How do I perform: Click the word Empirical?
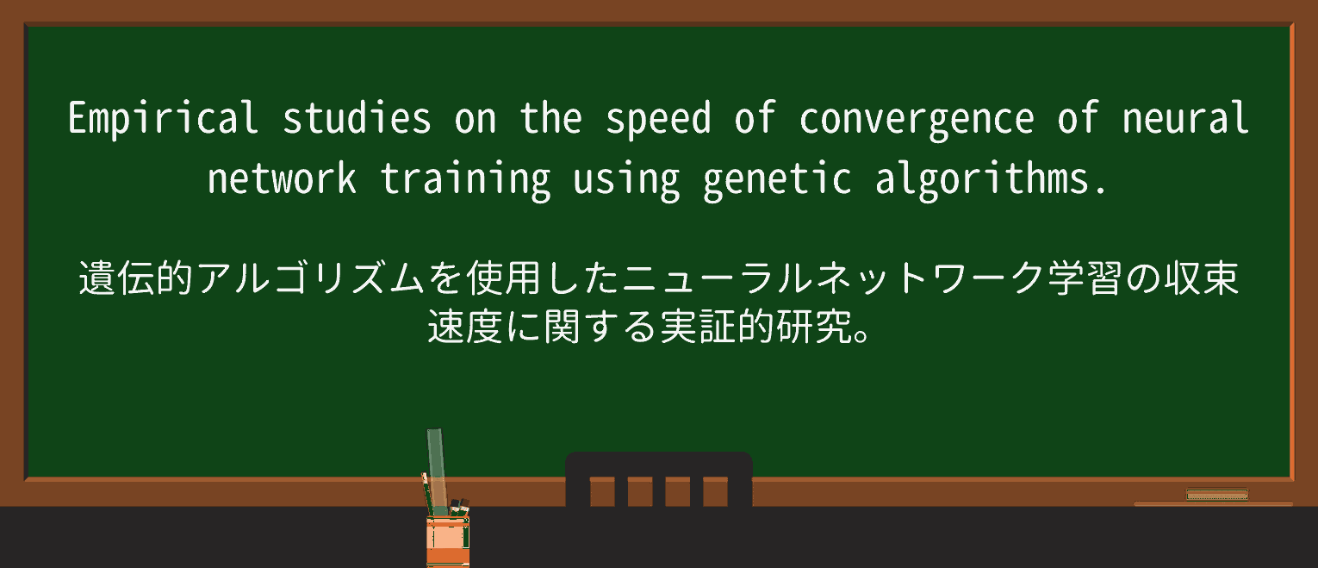[x=163, y=118]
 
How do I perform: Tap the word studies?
[x=356, y=118]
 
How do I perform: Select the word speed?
[x=658, y=120]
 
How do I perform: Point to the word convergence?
[x=916, y=121]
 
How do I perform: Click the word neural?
[x=1184, y=118]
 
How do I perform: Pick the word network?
[x=282, y=178]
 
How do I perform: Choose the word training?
[x=465, y=180]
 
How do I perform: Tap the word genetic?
[x=777, y=180]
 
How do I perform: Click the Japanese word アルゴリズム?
[x=310, y=278]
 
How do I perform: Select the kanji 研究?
[x=813, y=326]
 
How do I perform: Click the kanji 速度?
[x=465, y=326]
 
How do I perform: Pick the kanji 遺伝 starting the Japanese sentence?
[x=116, y=278]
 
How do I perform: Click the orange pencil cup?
[x=448, y=541]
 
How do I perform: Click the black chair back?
[x=658, y=479]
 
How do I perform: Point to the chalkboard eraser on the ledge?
[x=1217, y=495]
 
